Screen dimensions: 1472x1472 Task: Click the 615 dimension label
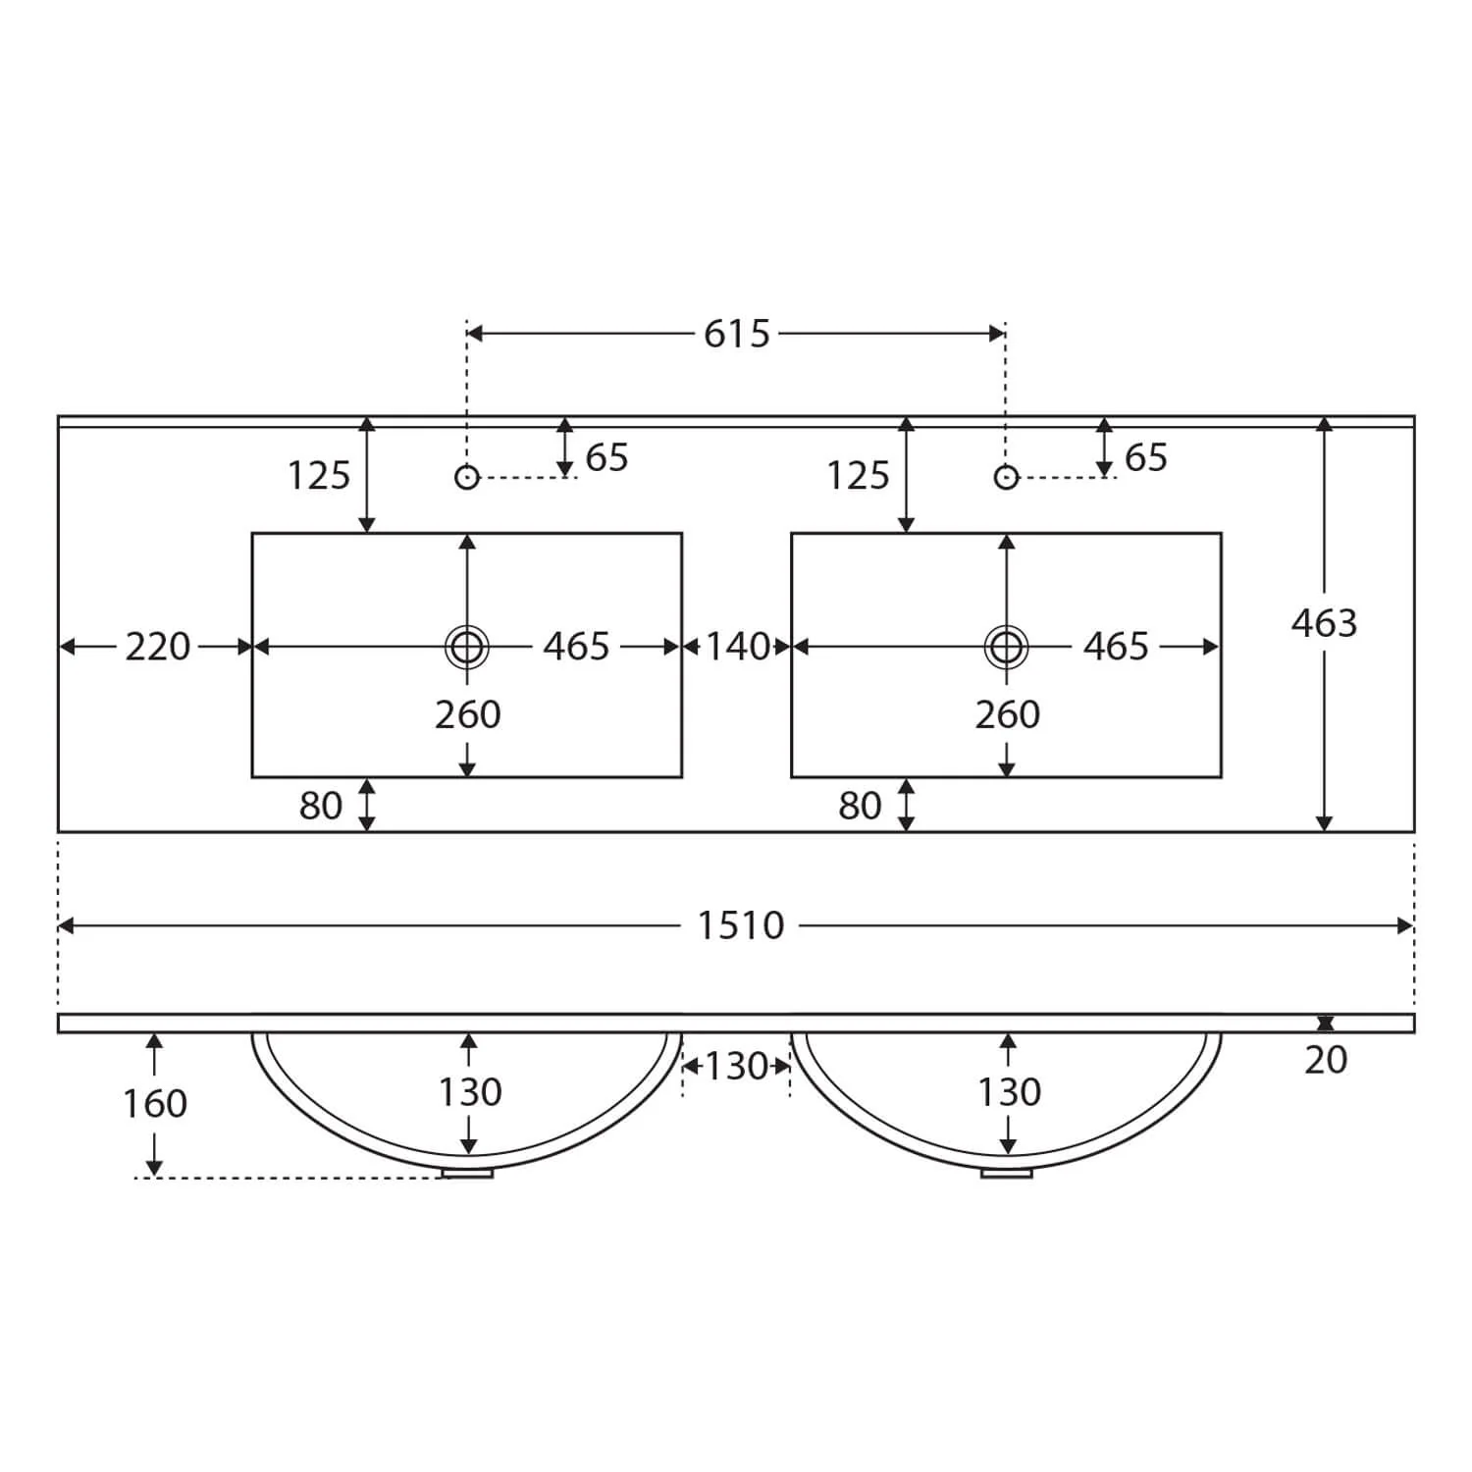(737, 334)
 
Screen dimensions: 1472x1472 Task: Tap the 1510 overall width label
(741, 925)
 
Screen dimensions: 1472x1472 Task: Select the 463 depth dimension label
(1324, 623)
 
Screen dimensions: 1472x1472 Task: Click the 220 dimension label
(158, 647)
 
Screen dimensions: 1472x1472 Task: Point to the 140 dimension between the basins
(738, 647)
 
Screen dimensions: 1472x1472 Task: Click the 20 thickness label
(1326, 1060)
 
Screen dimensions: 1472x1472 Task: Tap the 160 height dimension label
(155, 1104)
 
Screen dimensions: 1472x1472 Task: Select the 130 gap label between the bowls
(737, 1066)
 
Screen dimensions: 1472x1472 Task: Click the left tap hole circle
(467, 477)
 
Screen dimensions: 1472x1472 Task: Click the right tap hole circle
(1006, 477)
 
